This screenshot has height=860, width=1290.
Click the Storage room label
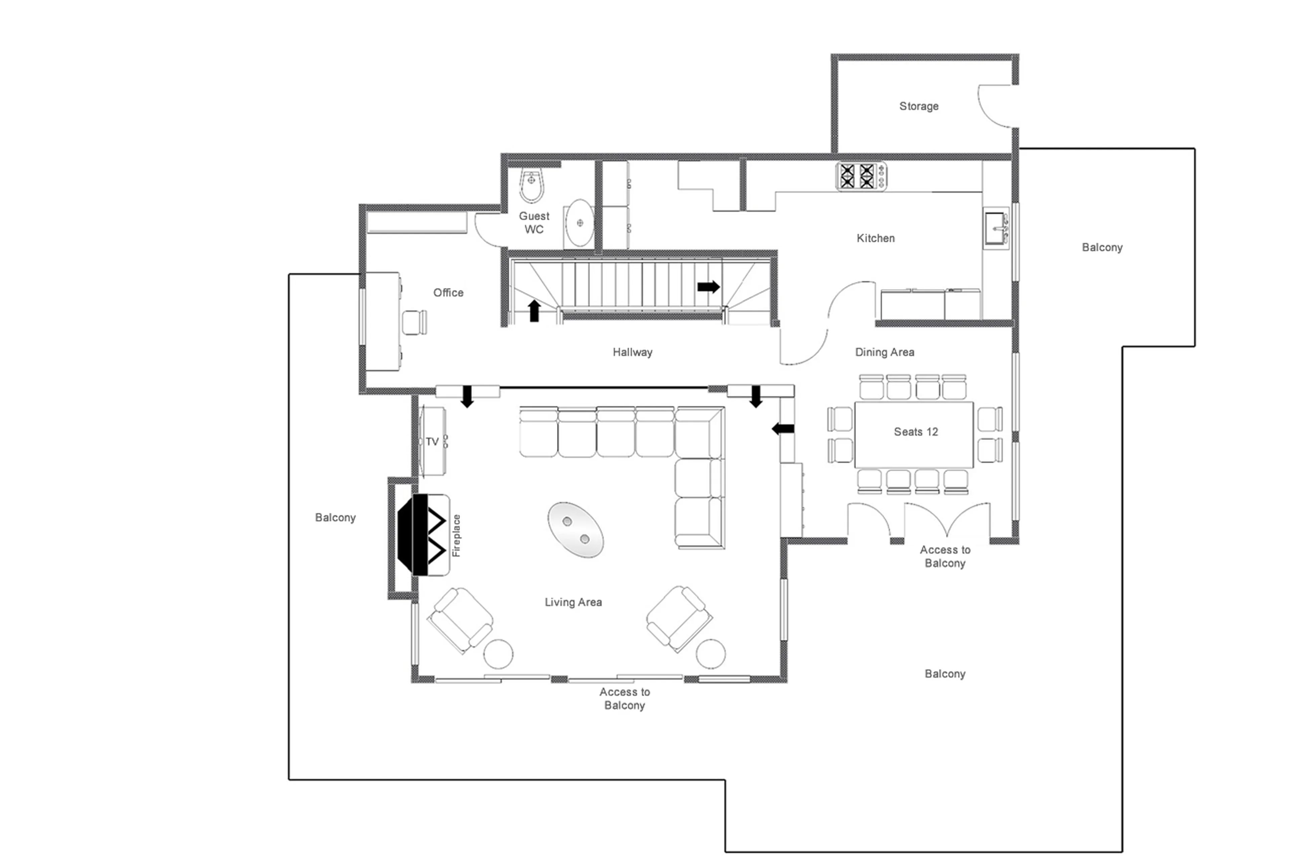pyautogui.click(x=918, y=106)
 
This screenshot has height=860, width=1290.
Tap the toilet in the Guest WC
pyautogui.click(x=531, y=186)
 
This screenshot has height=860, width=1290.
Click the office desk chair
pyautogui.click(x=414, y=322)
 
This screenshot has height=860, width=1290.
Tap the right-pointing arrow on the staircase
pyautogui.click(x=708, y=286)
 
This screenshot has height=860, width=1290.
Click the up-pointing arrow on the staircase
pyautogui.click(x=534, y=311)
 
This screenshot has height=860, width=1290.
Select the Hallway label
pyautogui.click(x=632, y=352)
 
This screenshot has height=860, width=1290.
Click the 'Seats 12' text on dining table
pyautogui.click(x=915, y=432)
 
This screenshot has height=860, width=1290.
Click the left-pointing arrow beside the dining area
pyautogui.click(x=782, y=429)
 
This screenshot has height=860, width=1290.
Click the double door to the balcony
pyautogui.click(x=946, y=520)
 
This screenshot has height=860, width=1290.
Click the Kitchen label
pyautogui.click(x=875, y=238)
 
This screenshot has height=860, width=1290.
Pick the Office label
pyautogui.click(x=448, y=292)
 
